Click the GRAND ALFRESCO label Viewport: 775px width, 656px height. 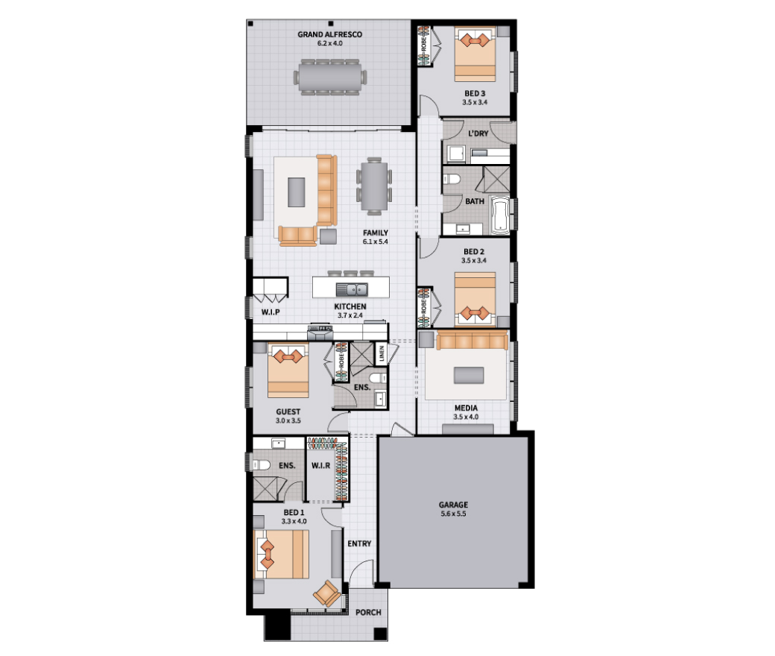click(x=329, y=34)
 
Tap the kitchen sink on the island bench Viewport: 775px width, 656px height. click(x=352, y=288)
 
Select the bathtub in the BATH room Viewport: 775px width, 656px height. click(x=500, y=215)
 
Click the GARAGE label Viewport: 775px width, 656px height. click(x=453, y=505)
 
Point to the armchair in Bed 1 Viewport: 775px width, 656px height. click(x=326, y=593)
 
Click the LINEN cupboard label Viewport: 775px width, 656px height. click(x=381, y=353)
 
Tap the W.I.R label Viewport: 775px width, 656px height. click(x=320, y=466)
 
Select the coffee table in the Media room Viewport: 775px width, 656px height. click(x=469, y=375)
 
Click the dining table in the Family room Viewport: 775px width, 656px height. click(x=374, y=186)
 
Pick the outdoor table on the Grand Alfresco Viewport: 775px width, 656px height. click(x=330, y=77)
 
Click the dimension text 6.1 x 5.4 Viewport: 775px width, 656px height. click(x=375, y=242)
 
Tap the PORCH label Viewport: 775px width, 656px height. click(x=368, y=613)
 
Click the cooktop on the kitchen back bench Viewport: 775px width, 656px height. click(x=320, y=328)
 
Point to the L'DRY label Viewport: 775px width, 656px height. click(x=478, y=133)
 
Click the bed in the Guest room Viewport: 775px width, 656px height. click(x=288, y=370)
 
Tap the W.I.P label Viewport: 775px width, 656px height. click(x=271, y=312)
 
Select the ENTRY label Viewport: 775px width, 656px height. click(x=359, y=543)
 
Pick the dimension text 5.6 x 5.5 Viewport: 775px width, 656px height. click(x=453, y=514)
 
